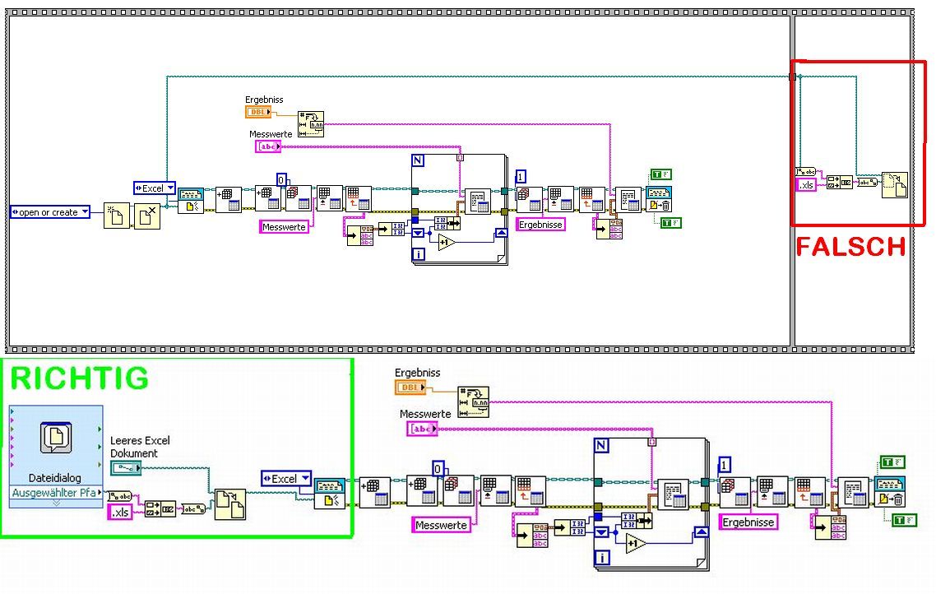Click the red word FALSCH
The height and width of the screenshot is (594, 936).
(x=850, y=246)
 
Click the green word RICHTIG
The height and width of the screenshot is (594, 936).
(x=79, y=378)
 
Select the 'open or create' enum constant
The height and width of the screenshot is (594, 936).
(x=50, y=212)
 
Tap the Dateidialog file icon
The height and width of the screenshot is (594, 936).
(x=56, y=439)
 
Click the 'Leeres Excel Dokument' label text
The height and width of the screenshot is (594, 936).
(x=140, y=447)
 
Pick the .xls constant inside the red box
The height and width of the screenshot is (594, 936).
(x=806, y=185)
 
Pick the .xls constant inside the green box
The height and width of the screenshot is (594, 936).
(x=120, y=513)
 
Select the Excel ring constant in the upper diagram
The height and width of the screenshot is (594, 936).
(x=154, y=188)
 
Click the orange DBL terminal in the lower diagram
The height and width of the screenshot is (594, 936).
(x=411, y=387)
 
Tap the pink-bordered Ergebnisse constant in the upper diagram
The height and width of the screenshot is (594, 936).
(x=540, y=224)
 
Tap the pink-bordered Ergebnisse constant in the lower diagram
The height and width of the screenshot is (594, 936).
(x=748, y=522)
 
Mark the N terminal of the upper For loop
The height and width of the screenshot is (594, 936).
(x=418, y=160)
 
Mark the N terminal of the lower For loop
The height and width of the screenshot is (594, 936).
(x=602, y=446)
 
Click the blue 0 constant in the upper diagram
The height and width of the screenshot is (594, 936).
(x=281, y=179)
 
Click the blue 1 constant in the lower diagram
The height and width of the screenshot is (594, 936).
(x=725, y=463)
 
